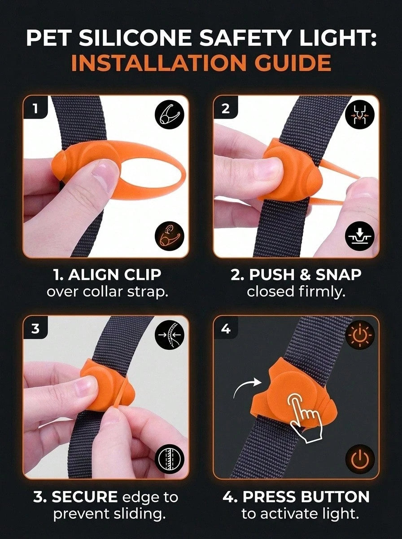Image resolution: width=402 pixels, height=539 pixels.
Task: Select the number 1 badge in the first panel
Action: (35, 108)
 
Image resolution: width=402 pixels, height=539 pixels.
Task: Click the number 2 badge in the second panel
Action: (226, 108)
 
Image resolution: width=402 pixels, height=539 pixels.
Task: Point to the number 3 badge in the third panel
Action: (35, 328)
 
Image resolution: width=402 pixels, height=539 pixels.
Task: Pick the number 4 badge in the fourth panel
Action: (226, 328)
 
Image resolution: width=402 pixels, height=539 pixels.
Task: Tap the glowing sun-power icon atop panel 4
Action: (360, 335)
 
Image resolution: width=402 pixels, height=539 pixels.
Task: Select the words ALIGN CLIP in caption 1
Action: (115, 275)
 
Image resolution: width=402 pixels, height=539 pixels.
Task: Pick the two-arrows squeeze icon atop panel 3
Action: (170, 335)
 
